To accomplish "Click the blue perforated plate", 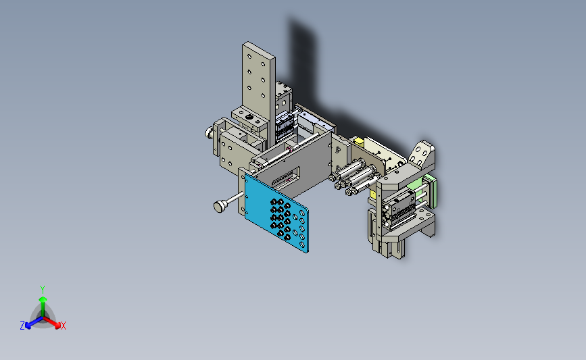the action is coord(276,213).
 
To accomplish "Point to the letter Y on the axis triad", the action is coord(43,290).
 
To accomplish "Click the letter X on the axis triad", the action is coord(63,326).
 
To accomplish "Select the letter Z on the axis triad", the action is coord(22,326).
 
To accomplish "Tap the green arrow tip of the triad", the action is coord(43,299).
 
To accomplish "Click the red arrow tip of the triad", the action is coord(57,326).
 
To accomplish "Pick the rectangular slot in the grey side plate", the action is coord(285,178).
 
